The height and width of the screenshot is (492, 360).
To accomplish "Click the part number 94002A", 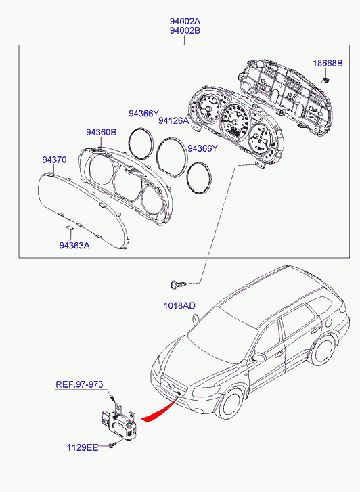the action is tap(185, 22).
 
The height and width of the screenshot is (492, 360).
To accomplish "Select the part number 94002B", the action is tap(185, 30).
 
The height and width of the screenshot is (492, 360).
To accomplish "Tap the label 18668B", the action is tap(328, 64).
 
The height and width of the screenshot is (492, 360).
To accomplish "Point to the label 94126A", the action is tap(173, 121).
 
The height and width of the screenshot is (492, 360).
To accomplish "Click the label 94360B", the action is tap(102, 133).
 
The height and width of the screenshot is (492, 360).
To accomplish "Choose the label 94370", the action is tap(54, 160).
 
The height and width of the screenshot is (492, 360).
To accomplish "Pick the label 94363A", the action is tap(74, 246).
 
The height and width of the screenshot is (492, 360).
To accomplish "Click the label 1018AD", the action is tap(179, 305).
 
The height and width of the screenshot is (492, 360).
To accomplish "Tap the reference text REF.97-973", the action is tap(79, 384).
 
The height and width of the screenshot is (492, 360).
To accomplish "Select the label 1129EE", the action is tap(83, 447).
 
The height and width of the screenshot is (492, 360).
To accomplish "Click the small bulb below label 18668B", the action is tap(326, 79).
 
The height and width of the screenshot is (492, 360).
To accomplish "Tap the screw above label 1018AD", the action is tap(178, 285).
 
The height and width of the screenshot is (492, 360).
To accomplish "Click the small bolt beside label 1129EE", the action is tap(113, 445).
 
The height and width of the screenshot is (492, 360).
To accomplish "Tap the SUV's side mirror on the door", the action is tap(259, 357).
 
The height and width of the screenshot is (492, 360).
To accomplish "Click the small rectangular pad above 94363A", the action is tap(69, 227).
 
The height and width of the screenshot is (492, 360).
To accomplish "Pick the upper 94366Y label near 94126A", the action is tap(143, 114).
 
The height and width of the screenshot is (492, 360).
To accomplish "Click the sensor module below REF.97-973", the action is tap(119, 422).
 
